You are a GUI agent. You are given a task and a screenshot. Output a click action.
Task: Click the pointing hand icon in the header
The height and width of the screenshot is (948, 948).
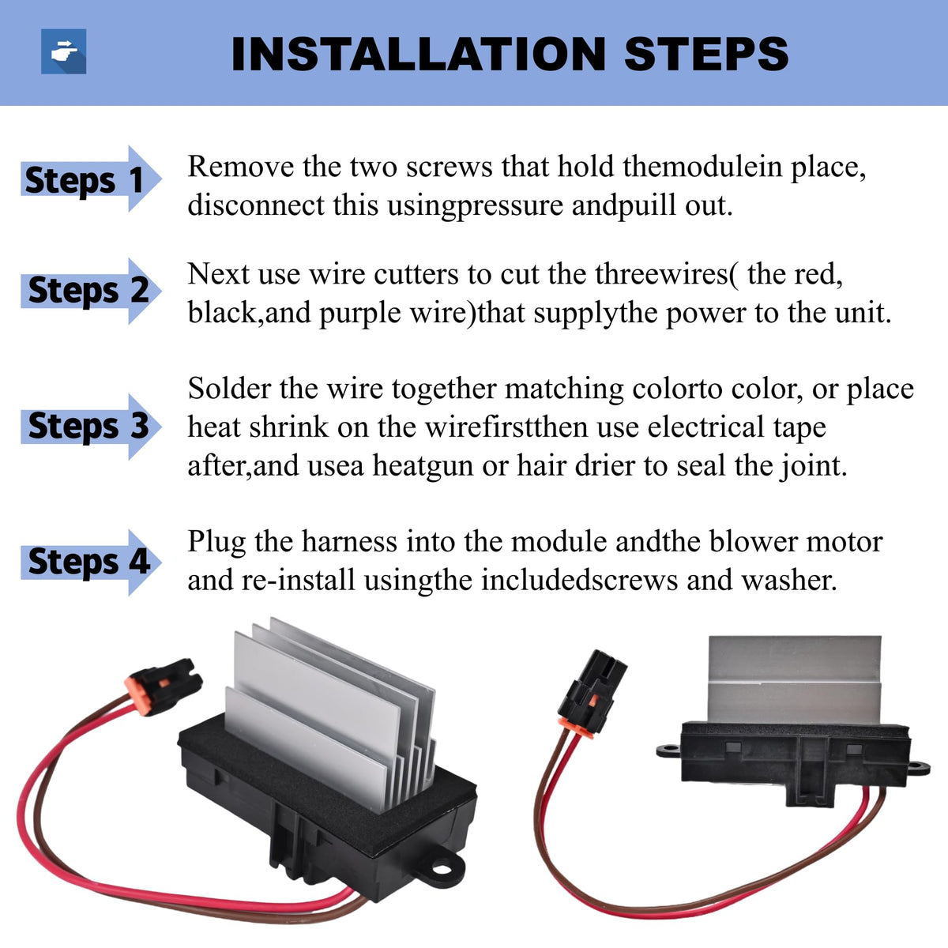(63, 51)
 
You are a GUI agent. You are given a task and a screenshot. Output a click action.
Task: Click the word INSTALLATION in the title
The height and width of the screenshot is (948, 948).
(418, 54)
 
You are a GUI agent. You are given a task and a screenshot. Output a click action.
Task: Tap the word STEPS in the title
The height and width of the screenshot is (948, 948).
(706, 54)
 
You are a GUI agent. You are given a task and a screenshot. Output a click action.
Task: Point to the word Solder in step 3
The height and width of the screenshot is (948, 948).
(229, 389)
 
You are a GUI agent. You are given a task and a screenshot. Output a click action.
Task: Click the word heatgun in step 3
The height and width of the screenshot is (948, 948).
(423, 466)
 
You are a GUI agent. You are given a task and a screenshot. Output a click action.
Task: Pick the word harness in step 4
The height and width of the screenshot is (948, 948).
(349, 542)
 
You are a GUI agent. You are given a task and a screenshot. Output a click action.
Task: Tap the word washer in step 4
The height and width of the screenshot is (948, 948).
(788, 581)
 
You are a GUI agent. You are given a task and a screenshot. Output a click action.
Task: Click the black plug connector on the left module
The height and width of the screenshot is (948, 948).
(164, 687)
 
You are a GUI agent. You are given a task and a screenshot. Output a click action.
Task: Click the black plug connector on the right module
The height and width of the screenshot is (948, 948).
(592, 694)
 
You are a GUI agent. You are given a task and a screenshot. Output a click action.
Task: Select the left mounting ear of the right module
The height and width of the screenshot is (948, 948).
(669, 750)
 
